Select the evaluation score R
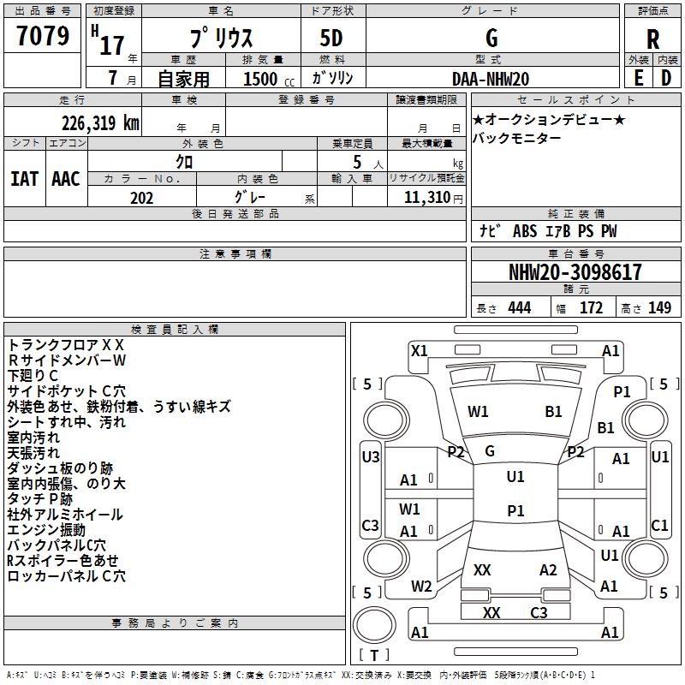pyautogui.click(x=652, y=39)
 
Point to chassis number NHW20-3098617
pyautogui.click(x=575, y=272)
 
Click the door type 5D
pyautogui.click(x=331, y=39)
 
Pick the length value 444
pyautogui.click(x=519, y=308)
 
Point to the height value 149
pyautogui.click(x=659, y=308)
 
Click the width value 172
pyautogui.click(x=591, y=308)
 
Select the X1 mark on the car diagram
pyautogui.click(x=420, y=350)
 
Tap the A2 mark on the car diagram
pyautogui.click(x=548, y=570)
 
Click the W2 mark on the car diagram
pyautogui.click(x=420, y=587)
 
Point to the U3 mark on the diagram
pyautogui.click(x=371, y=457)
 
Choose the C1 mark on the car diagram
pyautogui.click(x=659, y=526)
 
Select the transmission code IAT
pyautogui.click(x=24, y=179)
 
